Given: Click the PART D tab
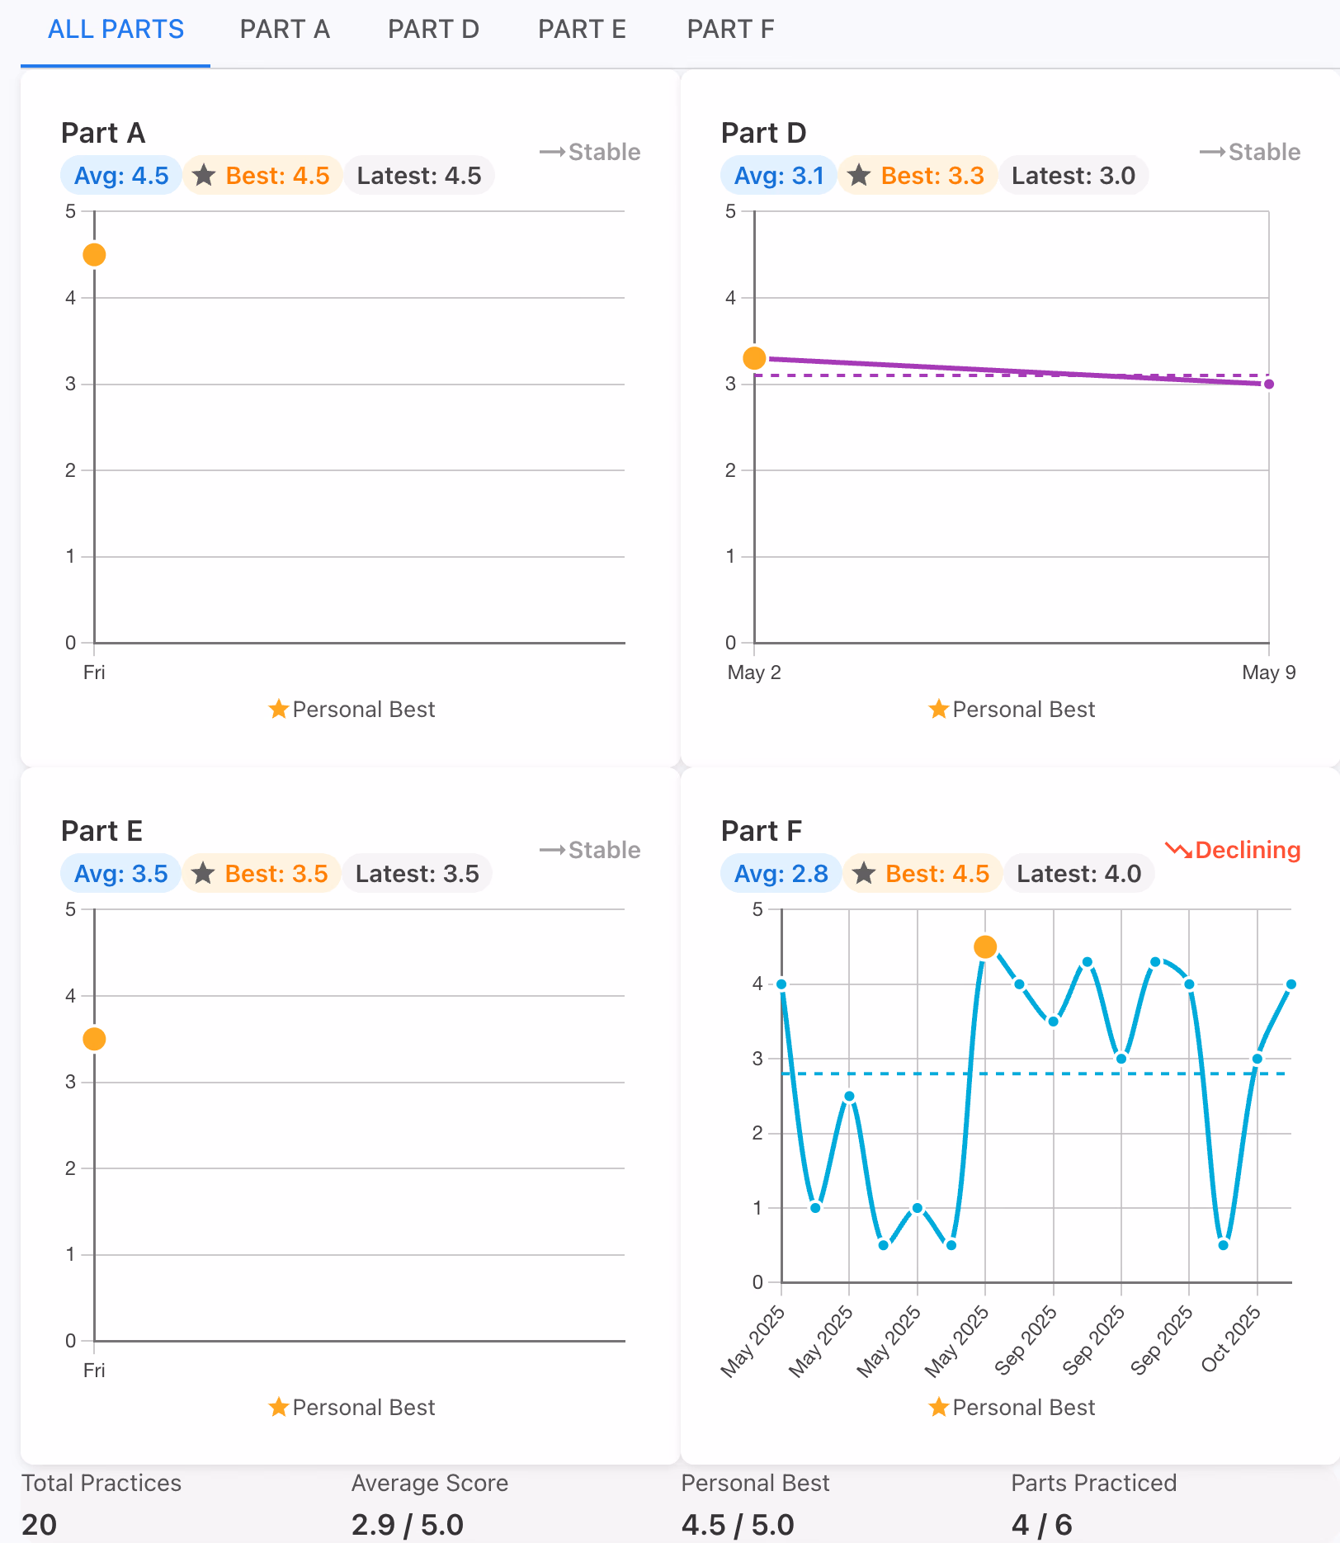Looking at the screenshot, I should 433,30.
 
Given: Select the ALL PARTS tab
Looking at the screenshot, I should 116,30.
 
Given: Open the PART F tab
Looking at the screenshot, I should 730,30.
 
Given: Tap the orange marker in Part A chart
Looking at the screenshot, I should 94,255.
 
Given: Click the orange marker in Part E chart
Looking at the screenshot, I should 94,1039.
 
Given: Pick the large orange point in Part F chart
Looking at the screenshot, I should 985,946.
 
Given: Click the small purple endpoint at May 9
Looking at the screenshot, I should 1269,384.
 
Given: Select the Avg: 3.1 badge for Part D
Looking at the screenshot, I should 779,176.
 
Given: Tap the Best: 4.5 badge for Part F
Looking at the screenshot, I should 922,874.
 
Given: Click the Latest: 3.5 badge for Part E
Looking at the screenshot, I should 418,874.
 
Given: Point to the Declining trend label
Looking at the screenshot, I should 1234,850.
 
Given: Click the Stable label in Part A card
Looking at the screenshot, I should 591,152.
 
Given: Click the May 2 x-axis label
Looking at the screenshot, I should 753,672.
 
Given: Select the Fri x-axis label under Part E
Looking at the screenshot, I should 94,1371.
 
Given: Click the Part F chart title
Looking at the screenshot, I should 762,831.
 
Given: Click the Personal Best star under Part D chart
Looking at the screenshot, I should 938,710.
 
